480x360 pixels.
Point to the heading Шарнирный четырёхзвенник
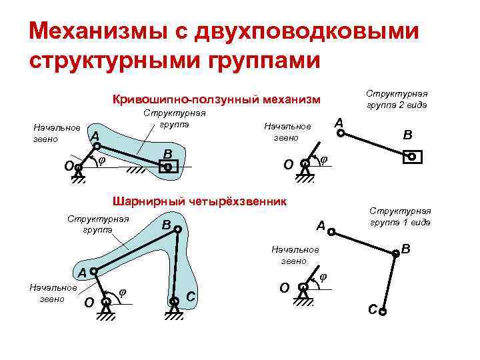(x=199, y=201)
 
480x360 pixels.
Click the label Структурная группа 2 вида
(x=399, y=99)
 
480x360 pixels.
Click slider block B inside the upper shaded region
(x=168, y=168)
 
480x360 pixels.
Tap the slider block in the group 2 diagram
(x=412, y=157)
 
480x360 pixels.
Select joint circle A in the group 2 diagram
(x=341, y=133)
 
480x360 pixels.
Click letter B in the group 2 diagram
(x=407, y=135)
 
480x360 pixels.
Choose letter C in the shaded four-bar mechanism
(x=190, y=295)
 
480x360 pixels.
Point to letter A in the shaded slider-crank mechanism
(x=95, y=135)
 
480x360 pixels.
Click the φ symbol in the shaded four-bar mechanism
(x=123, y=290)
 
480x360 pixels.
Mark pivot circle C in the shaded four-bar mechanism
(x=174, y=301)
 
